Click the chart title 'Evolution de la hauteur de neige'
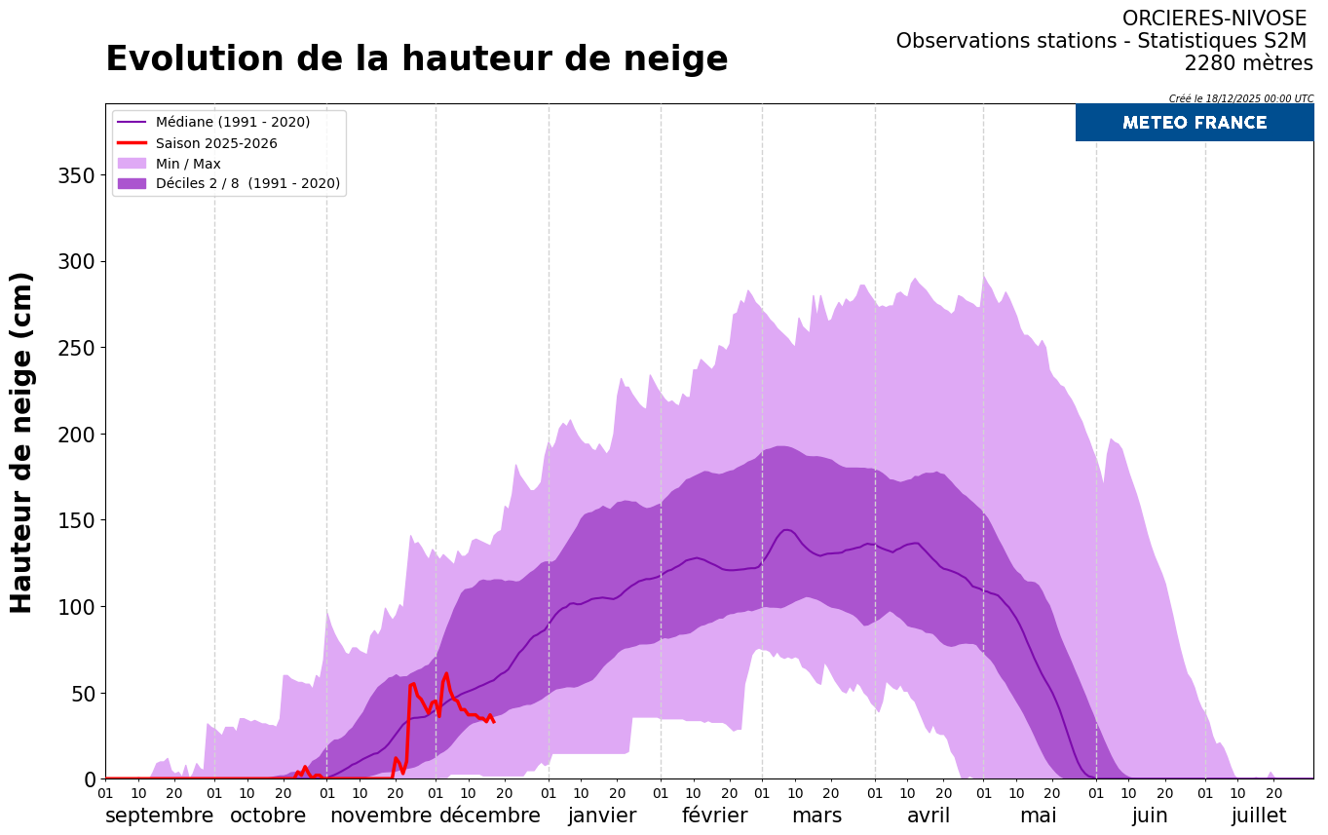point(416,59)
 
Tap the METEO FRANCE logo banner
point(1194,123)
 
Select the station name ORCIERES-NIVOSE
point(1214,19)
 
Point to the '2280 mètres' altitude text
point(1248,63)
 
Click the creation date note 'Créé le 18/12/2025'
point(1240,98)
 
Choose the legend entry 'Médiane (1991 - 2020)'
point(233,122)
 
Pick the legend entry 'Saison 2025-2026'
point(216,143)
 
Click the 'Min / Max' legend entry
point(188,164)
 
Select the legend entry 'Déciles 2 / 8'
point(247,183)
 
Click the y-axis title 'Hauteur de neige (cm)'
point(21,442)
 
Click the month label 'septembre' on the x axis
point(159,816)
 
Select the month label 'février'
point(714,816)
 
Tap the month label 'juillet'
point(1258,816)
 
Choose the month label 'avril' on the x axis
point(928,816)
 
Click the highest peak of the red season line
point(446,673)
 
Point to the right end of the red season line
point(494,722)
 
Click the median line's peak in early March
point(786,530)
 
